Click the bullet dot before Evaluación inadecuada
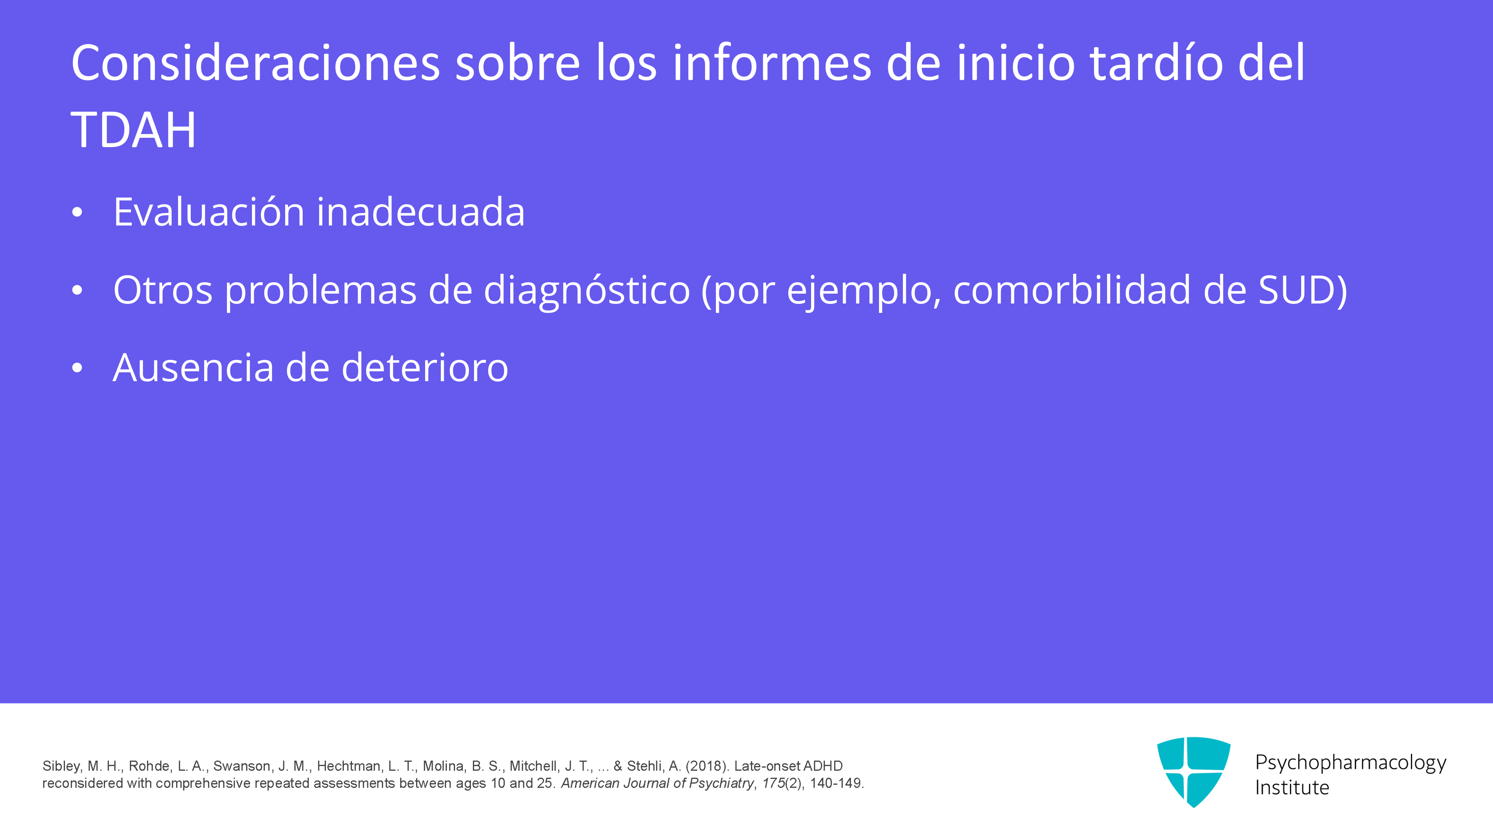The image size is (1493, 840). (77, 213)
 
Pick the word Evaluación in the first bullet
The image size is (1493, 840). (209, 212)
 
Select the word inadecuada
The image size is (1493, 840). (421, 212)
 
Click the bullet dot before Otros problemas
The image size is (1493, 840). (77, 291)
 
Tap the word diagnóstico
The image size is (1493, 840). (586, 290)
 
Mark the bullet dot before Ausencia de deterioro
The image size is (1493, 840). (77, 369)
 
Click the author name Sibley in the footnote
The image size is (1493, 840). (62, 766)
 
